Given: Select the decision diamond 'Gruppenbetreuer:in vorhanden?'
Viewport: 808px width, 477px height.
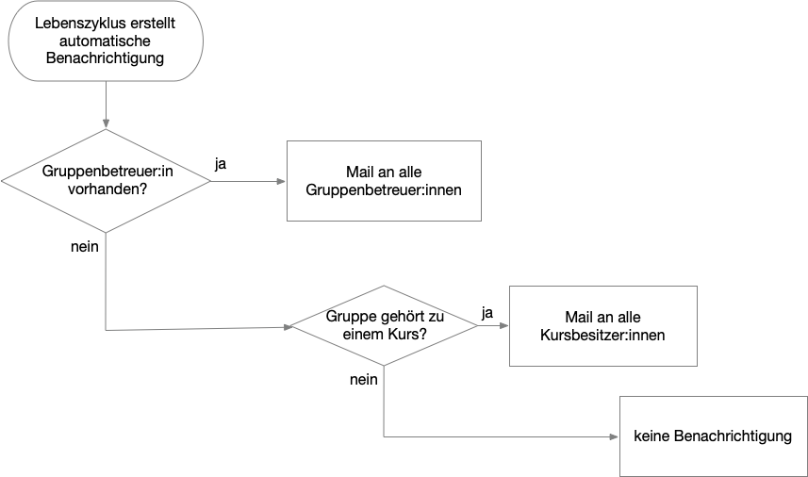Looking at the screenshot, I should coord(106,180).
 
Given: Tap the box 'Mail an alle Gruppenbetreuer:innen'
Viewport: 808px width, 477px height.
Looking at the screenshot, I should coord(384,181).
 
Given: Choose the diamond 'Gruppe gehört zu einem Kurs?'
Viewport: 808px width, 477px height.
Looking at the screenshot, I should coord(384,325).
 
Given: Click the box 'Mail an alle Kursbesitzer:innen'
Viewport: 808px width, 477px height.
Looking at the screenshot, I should coord(602,325).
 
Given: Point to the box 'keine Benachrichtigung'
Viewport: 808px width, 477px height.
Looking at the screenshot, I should coord(713,436).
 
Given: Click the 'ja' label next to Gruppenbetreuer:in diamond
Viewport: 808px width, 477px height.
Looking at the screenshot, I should coord(221,164).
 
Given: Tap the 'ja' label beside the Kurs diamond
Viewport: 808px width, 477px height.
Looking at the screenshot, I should coord(487,312).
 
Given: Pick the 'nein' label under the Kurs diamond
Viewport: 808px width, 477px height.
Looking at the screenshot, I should coord(363,380).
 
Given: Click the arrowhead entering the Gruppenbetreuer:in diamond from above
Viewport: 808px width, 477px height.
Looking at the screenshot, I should coord(106,123).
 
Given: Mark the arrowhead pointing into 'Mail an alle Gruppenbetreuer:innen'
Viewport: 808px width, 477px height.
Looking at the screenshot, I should coord(281,181).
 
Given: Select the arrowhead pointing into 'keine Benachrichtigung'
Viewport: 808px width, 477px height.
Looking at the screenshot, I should coord(614,436).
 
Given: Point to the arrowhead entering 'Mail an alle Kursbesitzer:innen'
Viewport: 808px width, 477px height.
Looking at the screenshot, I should coord(503,326).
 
